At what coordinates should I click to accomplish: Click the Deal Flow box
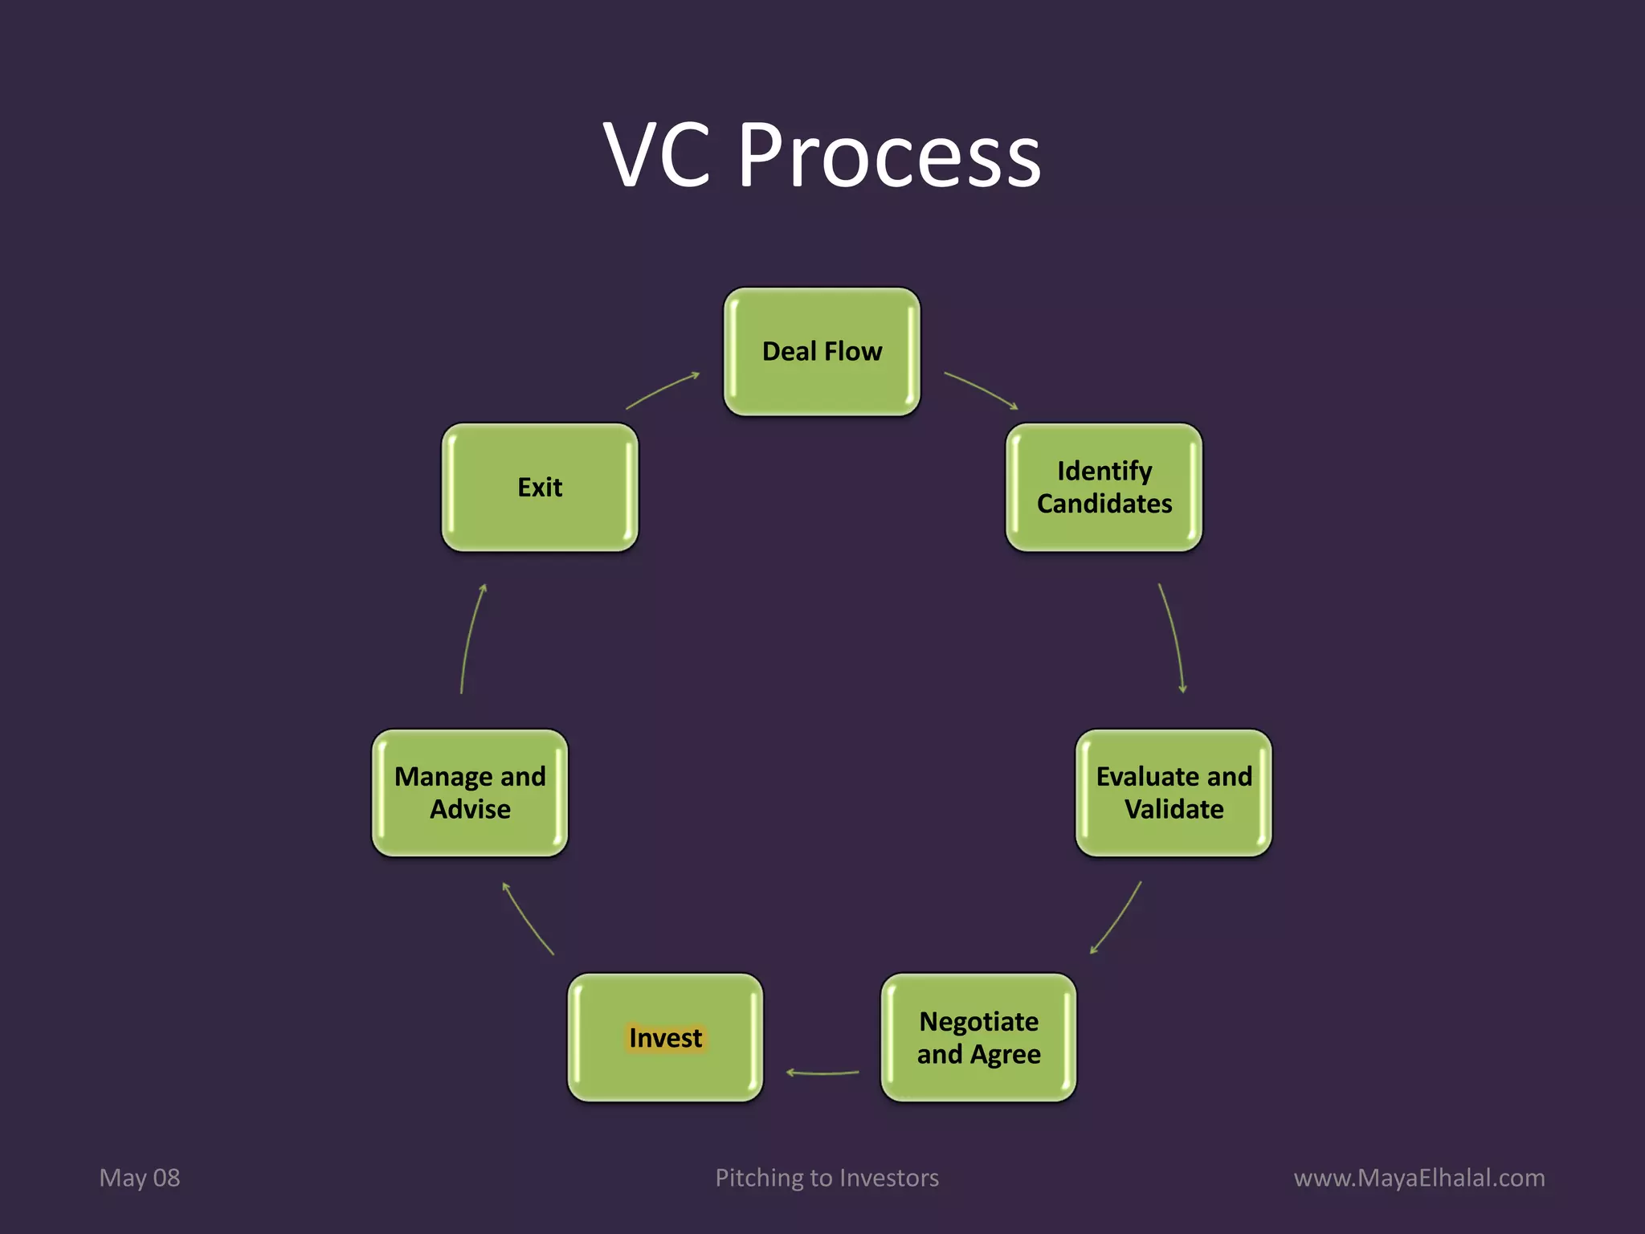point(822,352)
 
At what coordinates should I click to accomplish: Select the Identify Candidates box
point(1104,487)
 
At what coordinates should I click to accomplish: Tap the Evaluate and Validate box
point(1174,793)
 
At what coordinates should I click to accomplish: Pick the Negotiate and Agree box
point(978,1037)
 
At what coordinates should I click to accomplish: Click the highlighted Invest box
point(665,1037)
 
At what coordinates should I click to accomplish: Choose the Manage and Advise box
point(470,793)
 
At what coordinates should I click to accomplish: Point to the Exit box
point(540,487)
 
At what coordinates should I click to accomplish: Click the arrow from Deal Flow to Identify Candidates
point(982,389)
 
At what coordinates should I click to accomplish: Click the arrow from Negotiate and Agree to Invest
point(822,1073)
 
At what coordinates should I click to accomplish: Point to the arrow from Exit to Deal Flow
point(663,389)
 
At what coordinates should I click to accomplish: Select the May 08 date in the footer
point(140,1178)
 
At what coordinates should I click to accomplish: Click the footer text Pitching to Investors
point(827,1178)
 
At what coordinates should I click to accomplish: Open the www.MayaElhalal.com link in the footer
point(1419,1178)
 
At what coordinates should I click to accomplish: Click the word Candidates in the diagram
point(1104,504)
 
